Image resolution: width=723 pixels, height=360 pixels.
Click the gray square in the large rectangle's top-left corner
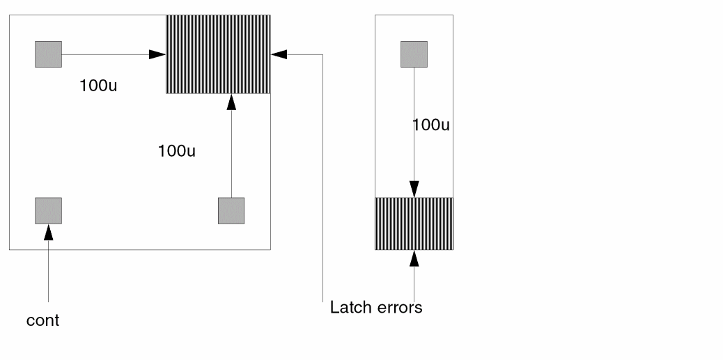coord(48,54)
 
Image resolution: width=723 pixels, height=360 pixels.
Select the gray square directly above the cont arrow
coord(48,210)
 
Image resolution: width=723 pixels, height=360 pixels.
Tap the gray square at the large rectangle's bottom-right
coord(231,210)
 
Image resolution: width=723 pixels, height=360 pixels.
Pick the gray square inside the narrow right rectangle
coord(414,54)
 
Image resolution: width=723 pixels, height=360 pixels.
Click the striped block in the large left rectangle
coord(217,54)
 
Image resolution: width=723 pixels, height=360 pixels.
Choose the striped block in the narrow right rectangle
coord(414,224)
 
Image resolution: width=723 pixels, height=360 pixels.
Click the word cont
coord(42,321)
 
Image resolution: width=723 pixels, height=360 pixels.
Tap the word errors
coord(400,307)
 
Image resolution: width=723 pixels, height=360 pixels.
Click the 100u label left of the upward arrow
coord(177,150)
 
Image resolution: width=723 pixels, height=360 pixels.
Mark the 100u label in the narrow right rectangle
coord(430,125)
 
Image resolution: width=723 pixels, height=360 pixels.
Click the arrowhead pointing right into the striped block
coord(157,54)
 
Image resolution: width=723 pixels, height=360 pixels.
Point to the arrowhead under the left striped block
coord(231,102)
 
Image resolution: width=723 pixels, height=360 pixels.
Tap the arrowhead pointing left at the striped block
coord(279,54)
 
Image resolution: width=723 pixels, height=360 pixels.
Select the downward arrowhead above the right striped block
coord(414,189)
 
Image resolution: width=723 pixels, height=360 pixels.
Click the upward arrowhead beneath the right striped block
coord(414,258)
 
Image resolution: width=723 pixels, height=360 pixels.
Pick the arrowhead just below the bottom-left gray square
coord(48,233)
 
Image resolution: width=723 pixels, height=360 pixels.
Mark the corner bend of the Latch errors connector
coord(322,54)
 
